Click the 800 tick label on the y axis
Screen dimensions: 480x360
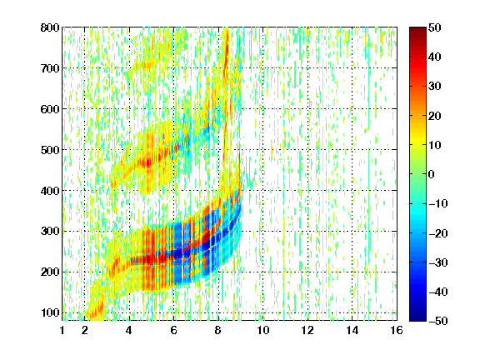[x=50, y=27]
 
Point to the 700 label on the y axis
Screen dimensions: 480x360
[x=50, y=68]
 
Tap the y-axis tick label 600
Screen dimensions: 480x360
[x=50, y=109]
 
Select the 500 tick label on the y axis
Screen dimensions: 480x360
[x=50, y=150]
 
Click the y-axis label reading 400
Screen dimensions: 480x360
[x=50, y=191]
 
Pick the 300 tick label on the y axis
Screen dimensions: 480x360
[x=50, y=232]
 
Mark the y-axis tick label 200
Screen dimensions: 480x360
[x=50, y=272]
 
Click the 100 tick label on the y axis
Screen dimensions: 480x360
[x=50, y=312]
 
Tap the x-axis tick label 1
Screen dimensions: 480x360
[x=62, y=330]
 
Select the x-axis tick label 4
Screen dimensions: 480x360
[x=129, y=330]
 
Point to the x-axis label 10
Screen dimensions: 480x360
[x=263, y=330]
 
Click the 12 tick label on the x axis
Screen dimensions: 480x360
[x=307, y=330]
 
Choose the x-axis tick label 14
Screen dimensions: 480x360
[x=352, y=330]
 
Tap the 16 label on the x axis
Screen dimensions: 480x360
[x=397, y=330]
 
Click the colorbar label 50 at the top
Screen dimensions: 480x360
[x=435, y=27]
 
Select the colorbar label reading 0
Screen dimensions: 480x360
[x=431, y=174]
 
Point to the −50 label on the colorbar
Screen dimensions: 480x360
[x=438, y=321]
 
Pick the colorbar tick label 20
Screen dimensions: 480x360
[x=435, y=116]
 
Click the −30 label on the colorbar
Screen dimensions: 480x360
[x=438, y=262]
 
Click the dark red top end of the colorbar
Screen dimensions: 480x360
[x=417, y=29]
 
